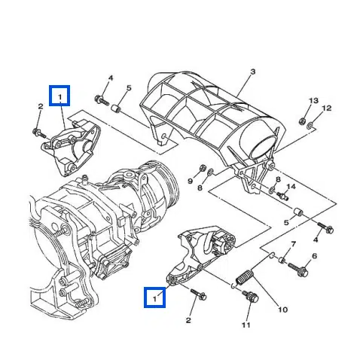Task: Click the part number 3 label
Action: pyautogui.click(x=252, y=72)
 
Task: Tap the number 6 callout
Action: pyautogui.click(x=315, y=256)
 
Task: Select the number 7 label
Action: pyautogui.click(x=294, y=245)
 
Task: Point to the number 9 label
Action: pyautogui.click(x=191, y=181)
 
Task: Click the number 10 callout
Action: pyautogui.click(x=283, y=309)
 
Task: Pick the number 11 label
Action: pyautogui.click(x=246, y=325)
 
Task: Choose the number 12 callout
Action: pyautogui.click(x=326, y=108)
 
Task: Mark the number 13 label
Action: pyautogui.click(x=314, y=100)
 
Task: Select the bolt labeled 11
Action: pyautogui.click(x=248, y=298)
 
